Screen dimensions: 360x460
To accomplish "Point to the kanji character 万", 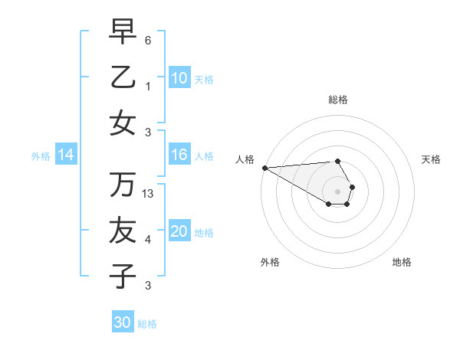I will click(123, 185).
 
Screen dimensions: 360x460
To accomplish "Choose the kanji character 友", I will click(123, 231).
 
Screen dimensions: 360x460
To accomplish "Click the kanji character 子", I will click(123, 276).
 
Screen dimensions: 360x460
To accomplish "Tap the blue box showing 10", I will click(179, 78).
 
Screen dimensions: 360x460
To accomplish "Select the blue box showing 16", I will click(179, 155).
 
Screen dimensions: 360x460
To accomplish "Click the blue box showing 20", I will click(179, 232).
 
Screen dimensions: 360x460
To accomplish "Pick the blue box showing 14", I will click(66, 155).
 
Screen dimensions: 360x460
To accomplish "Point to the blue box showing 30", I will click(123, 322).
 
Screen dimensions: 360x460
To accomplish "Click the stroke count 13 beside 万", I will click(149, 194).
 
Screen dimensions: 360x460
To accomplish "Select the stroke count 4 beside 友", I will click(148, 240).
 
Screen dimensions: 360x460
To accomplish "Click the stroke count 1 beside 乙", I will click(148, 87).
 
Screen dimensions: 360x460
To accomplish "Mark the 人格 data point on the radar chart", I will click(264, 167).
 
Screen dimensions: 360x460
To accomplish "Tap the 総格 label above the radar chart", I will click(337, 100).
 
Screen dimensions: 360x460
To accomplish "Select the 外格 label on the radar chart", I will click(270, 262).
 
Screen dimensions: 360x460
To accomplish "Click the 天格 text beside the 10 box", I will click(204, 80).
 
